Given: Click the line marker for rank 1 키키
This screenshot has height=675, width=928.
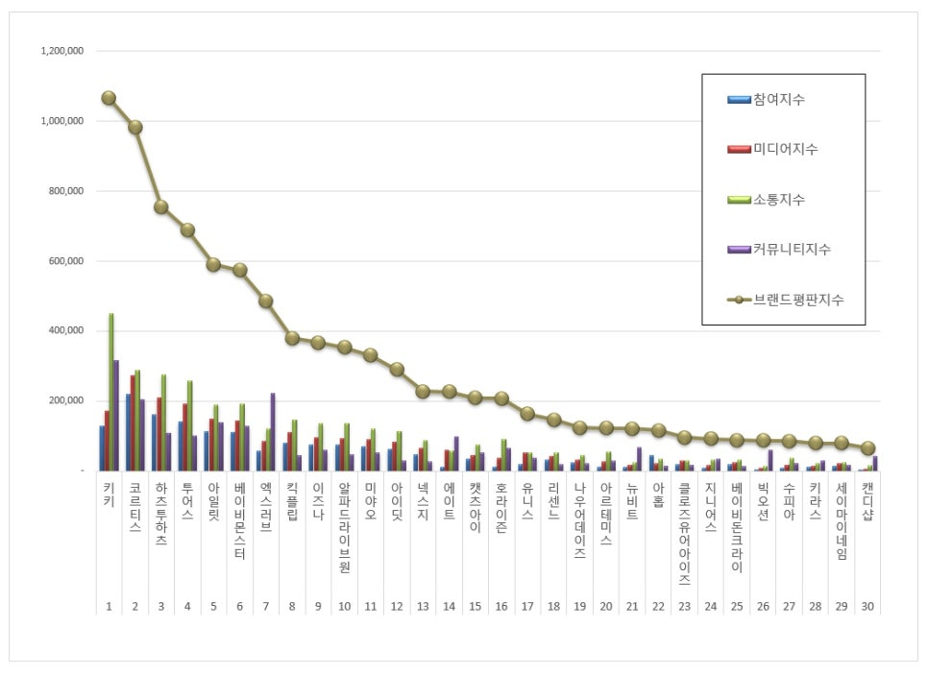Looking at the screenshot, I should point(109,98).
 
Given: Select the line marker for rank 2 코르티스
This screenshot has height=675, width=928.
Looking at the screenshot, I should point(135,127).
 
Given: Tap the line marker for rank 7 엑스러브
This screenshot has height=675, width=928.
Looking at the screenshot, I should point(266,301).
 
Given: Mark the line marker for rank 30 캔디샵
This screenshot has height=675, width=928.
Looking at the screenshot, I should point(868,448).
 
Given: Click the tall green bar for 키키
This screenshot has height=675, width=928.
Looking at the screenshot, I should point(111,392).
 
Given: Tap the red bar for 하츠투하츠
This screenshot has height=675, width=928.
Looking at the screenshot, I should point(159,434).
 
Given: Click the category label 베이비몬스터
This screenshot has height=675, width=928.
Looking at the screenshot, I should point(240,520).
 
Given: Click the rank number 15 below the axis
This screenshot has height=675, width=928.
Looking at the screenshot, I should point(476,607).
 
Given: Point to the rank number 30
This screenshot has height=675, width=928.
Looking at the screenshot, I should point(868,607).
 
